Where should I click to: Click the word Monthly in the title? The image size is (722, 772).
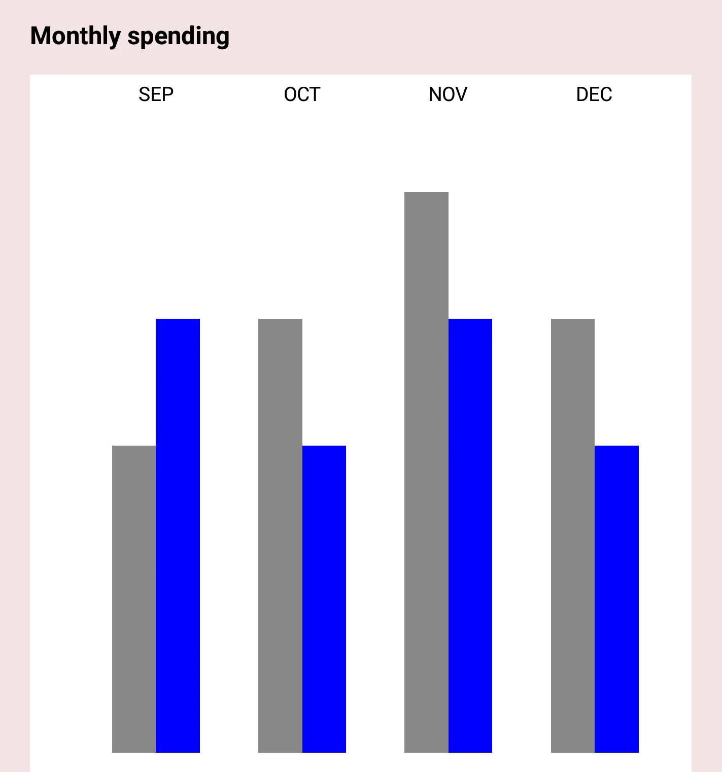(75, 37)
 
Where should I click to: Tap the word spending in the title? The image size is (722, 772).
(178, 37)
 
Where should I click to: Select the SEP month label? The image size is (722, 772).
(156, 94)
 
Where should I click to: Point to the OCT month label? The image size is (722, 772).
(302, 94)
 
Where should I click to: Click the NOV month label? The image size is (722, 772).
(448, 94)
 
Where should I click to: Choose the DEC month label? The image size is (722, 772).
(594, 94)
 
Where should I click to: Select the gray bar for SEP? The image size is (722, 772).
(134, 599)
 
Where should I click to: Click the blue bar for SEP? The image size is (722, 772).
(178, 535)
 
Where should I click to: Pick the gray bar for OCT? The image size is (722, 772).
(280, 535)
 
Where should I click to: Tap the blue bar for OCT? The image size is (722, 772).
(324, 599)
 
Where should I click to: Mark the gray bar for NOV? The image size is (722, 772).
(426, 472)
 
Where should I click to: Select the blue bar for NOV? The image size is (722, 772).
(470, 535)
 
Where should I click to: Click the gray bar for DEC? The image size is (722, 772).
(573, 535)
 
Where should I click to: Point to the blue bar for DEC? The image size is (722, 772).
(616, 599)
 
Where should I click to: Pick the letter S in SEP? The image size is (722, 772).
(144, 94)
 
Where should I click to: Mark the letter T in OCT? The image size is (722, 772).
(315, 94)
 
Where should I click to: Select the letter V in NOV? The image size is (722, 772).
(461, 94)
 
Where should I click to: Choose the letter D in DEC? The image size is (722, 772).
(582, 94)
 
